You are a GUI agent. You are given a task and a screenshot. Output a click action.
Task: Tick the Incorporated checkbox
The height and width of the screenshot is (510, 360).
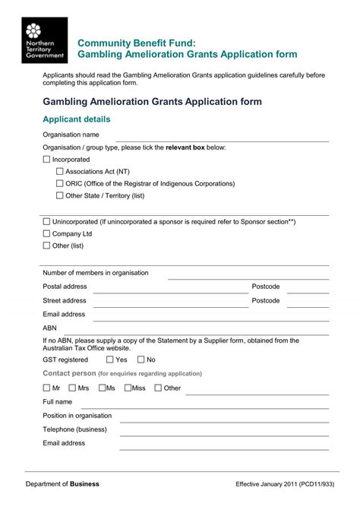coord(46,160)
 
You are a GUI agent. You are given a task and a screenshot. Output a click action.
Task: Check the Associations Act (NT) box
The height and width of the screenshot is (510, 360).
coord(60,172)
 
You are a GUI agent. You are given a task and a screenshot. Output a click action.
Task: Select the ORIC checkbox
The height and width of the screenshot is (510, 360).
coord(60,183)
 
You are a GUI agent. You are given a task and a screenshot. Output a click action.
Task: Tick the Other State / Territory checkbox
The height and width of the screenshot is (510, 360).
coord(60,195)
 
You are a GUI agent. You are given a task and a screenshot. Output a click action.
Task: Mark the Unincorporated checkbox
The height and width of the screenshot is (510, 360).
coord(46,222)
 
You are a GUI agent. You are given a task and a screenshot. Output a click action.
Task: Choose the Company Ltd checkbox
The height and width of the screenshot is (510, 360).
coord(46,234)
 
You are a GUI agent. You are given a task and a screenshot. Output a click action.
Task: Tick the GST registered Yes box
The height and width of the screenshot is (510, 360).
coord(110,360)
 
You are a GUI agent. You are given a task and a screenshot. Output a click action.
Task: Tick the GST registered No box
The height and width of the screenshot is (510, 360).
coord(141,360)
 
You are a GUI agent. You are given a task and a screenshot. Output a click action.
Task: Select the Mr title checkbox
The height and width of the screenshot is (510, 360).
coord(46,388)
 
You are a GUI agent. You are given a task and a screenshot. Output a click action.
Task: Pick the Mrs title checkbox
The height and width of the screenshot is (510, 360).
coord(72,388)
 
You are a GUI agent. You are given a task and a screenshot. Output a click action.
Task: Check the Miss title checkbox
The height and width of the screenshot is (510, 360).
coord(126,388)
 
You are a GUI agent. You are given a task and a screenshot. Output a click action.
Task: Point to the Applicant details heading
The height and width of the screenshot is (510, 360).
coord(77,120)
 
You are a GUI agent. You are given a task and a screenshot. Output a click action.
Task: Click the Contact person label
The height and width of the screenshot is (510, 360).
coord(69,374)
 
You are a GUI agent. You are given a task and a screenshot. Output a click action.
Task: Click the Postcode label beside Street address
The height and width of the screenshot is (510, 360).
coord(266,301)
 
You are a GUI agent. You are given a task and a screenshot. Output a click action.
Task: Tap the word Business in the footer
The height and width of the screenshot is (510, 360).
coord(85,484)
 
